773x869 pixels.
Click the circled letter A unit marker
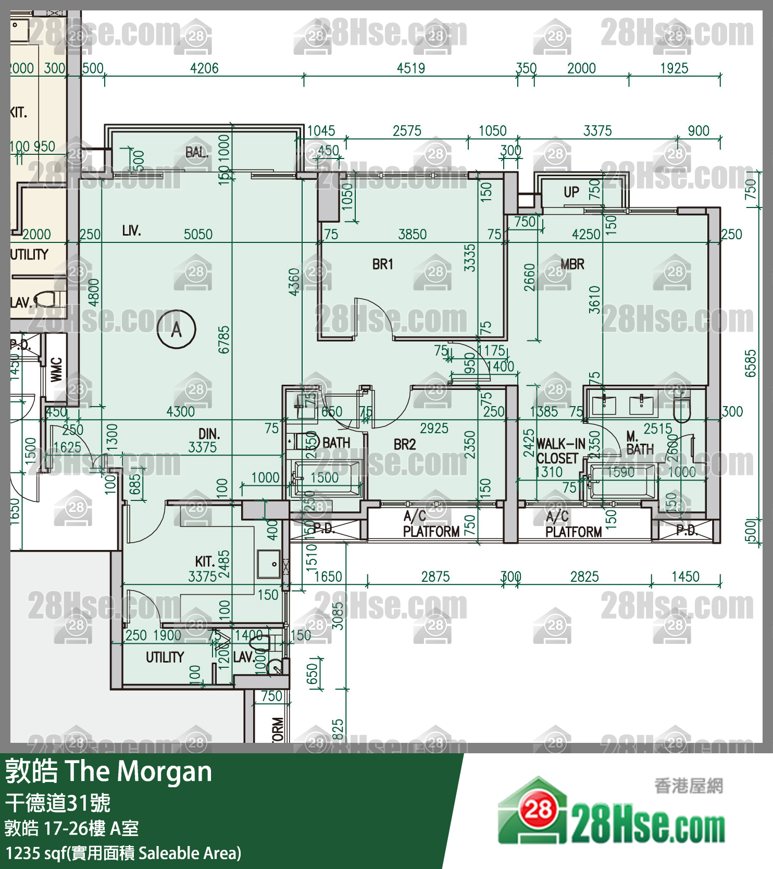tap(177, 329)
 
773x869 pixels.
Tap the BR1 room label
tap(383, 264)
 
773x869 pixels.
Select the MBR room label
tap(572, 264)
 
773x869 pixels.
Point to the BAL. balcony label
tap(196, 152)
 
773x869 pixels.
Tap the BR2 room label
tap(405, 445)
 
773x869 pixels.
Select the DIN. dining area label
tap(209, 434)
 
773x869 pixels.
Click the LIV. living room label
tap(131, 230)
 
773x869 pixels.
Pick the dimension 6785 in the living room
tap(223, 339)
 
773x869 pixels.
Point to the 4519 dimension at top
tap(411, 68)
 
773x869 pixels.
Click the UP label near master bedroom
tap(571, 192)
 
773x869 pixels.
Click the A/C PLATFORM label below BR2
tap(431, 524)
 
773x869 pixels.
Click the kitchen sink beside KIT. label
tap(269, 564)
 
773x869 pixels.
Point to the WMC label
tap(56, 370)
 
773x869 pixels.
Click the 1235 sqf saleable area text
tap(123, 853)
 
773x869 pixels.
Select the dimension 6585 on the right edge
tap(750, 363)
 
